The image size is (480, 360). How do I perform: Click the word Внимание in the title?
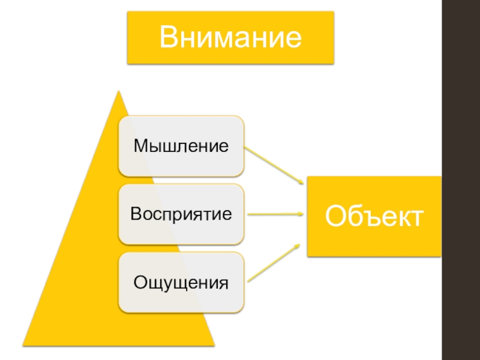pyautogui.click(x=230, y=38)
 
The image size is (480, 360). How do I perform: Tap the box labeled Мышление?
pyautogui.click(x=181, y=146)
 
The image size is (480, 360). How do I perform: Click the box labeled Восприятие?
pyautogui.click(x=181, y=214)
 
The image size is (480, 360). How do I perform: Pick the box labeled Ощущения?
pyautogui.click(x=181, y=282)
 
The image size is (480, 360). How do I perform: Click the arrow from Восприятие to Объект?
pyautogui.click(x=273, y=214)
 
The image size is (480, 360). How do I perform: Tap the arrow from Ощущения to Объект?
pyautogui.click(x=273, y=262)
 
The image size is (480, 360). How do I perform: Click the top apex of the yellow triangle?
pyautogui.click(x=119, y=91)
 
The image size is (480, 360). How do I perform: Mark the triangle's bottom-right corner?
pyautogui.click(x=214, y=345)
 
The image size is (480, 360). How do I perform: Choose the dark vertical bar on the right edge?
pyautogui.click(x=460, y=180)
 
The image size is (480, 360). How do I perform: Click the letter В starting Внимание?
pyautogui.click(x=168, y=38)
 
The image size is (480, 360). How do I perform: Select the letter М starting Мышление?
pyautogui.click(x=140, y=146)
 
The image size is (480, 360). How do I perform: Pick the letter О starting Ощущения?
pyautogui.click(x=139, y=282)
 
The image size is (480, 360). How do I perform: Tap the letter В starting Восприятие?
pyautogui.click(x=136, y=214)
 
